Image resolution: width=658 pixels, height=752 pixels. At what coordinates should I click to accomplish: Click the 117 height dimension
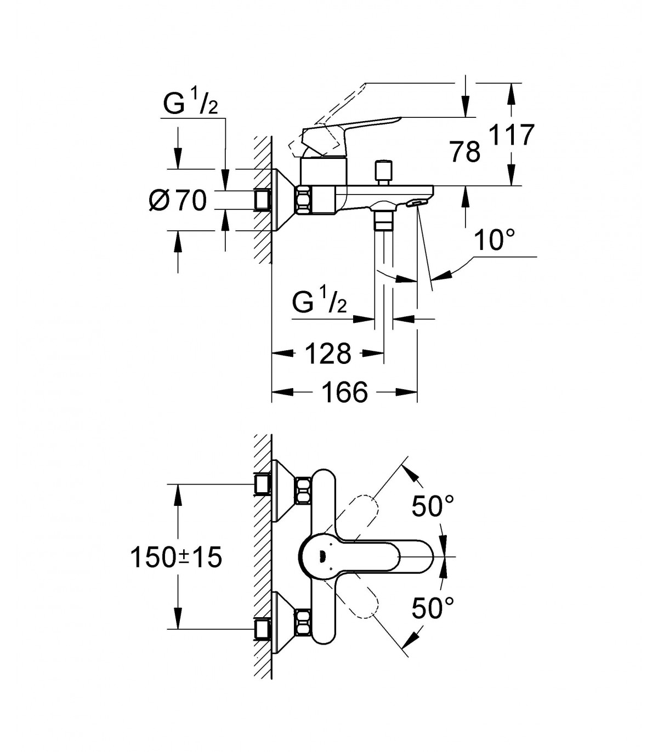(x=512, y=135)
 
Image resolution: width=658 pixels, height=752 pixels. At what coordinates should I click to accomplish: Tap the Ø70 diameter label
(x=178, y=201)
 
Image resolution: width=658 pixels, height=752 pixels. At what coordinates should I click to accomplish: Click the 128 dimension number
(x=328, y=353)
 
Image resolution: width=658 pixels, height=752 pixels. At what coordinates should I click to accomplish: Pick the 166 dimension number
(x=344, y=392)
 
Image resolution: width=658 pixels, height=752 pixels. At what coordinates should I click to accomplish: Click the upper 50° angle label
(x=432, y=506)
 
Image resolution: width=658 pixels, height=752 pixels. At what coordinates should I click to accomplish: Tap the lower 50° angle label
(x=432, y=608)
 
